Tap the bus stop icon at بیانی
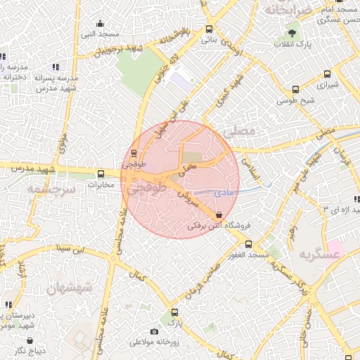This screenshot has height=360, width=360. (209, 30)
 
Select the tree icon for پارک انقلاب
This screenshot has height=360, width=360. (292, 34)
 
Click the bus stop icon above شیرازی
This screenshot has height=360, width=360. (295, 89)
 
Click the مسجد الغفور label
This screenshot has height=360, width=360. (246, 254)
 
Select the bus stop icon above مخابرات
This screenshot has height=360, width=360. (101, 174)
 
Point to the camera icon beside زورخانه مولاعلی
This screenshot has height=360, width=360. (154, 332)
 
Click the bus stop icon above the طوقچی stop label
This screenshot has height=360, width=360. (134, 153)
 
